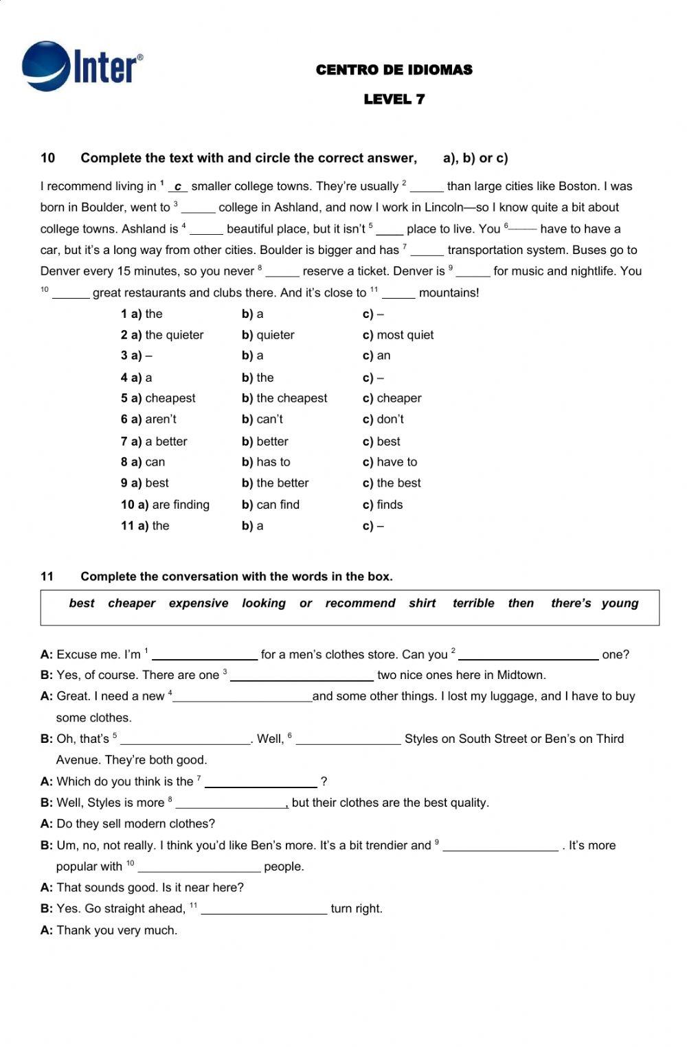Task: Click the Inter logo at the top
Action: coord(82,66)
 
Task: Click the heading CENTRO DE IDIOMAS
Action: coord(394,70)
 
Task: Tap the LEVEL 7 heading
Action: coord(394,100)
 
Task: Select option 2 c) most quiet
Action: coord(398,335)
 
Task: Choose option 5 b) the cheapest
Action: coord(284,398)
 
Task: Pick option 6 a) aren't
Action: coord(148,419)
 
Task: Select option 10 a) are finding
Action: coord(165,505)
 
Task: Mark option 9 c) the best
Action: coord(392,483)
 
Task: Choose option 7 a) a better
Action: coord(154,441)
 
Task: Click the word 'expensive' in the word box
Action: coord(199,603)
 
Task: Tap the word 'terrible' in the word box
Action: coord(473,603)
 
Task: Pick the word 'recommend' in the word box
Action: coord(360,603)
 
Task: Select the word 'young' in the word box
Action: coord(620,603)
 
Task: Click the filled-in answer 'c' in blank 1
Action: coord(178,187)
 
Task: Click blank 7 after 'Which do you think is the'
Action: coord(260,782)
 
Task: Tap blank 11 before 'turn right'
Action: coord(264,909)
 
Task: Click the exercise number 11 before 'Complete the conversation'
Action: coord(47,577)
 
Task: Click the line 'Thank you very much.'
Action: coord(117,931)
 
